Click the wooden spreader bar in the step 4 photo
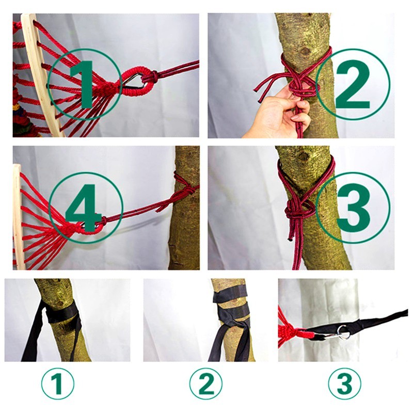pos(18,217)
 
